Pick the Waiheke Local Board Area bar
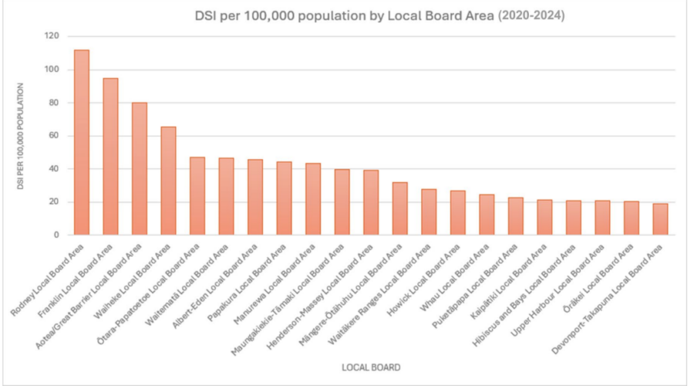pos(168,181)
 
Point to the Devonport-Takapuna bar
pos(660,219)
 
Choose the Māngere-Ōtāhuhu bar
pos(399,208)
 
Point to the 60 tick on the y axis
pos(53,136)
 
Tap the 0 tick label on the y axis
pos(56,235)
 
